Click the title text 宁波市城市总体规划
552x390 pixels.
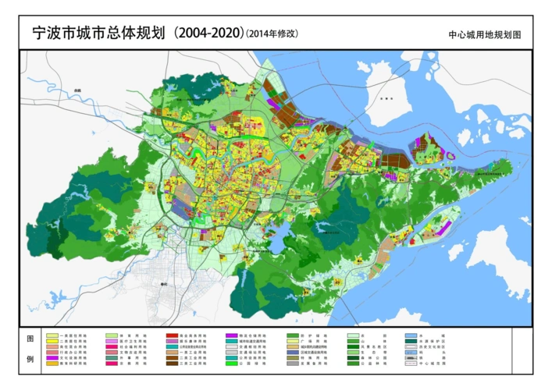tap(97, 34)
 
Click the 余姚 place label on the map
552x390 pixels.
tap(77, 90)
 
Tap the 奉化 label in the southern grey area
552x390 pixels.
tap(164, 285)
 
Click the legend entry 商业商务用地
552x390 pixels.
tap(187, 335)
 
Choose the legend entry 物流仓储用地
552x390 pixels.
tap(246, 335)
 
